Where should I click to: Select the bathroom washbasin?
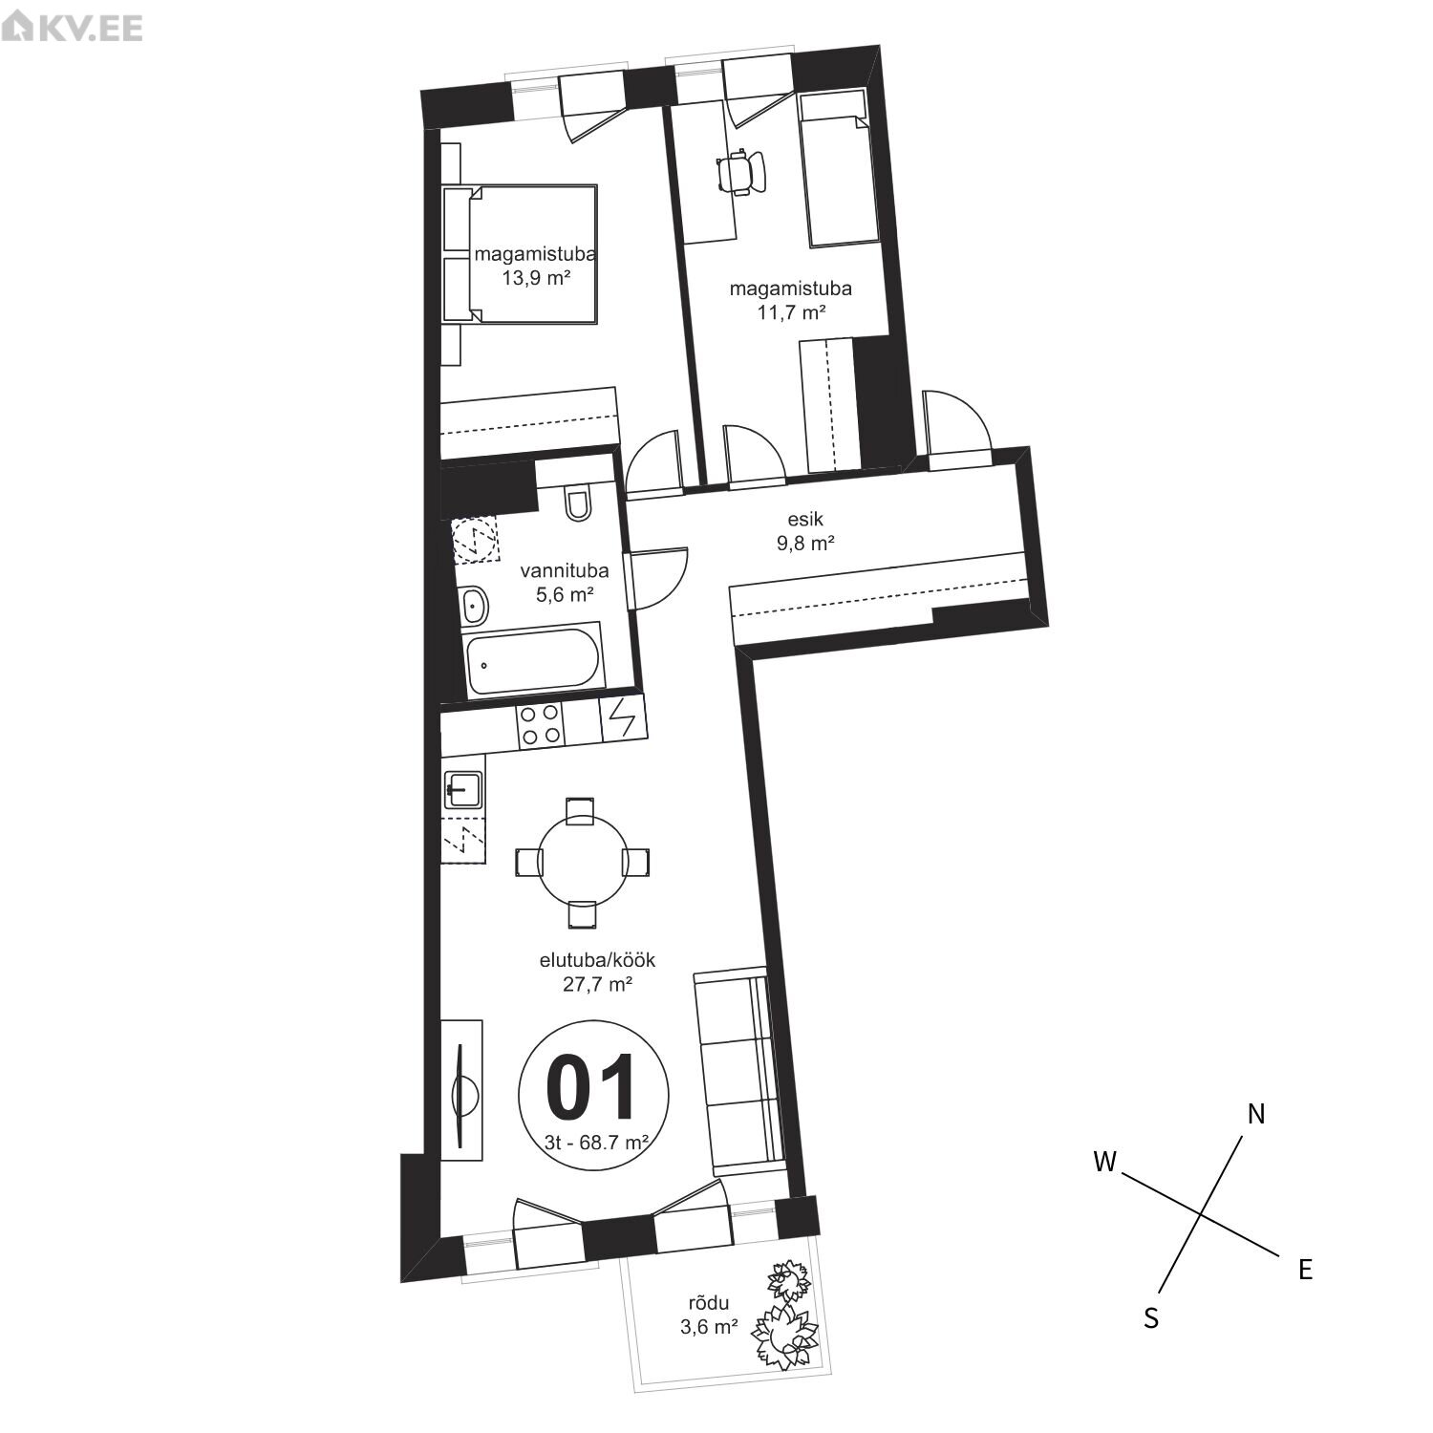point(473,605)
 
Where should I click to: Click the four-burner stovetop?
point(539,724)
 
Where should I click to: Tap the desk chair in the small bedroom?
point(740,173)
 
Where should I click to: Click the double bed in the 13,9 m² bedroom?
point(520,254)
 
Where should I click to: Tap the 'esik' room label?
point(805,520)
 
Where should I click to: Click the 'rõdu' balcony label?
point(709,1302)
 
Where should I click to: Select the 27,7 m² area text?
point(598,984)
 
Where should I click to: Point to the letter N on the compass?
point(1256,1114)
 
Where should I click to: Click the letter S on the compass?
point(1152,1318)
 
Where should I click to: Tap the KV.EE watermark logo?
point(73,27)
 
